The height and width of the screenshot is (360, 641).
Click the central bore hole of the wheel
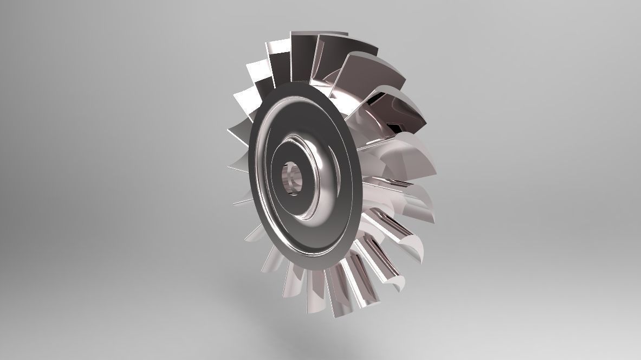(x=293, y=178)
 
